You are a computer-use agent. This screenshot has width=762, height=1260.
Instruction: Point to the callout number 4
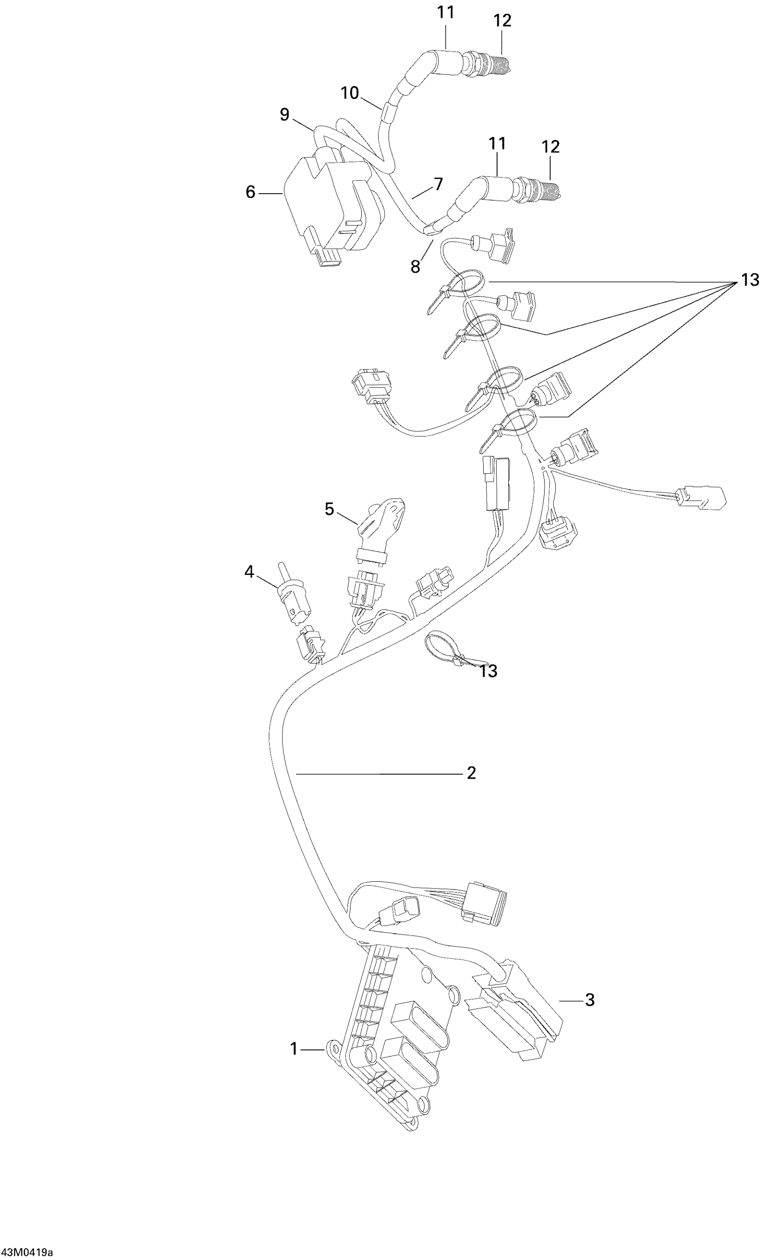click(x=249, y=572)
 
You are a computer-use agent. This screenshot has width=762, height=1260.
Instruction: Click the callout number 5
click(x=329, y=509)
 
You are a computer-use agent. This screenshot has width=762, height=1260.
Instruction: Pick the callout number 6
click(x=250, y=192)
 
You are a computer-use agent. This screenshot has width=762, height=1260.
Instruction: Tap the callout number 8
click(x=415, y=266)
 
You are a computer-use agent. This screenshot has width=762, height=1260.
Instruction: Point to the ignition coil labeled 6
click(x=327, y=204)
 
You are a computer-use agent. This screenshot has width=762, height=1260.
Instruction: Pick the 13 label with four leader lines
click(x=750, y=280)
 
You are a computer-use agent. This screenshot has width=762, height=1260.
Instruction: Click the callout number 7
click(x=438, y=183)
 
